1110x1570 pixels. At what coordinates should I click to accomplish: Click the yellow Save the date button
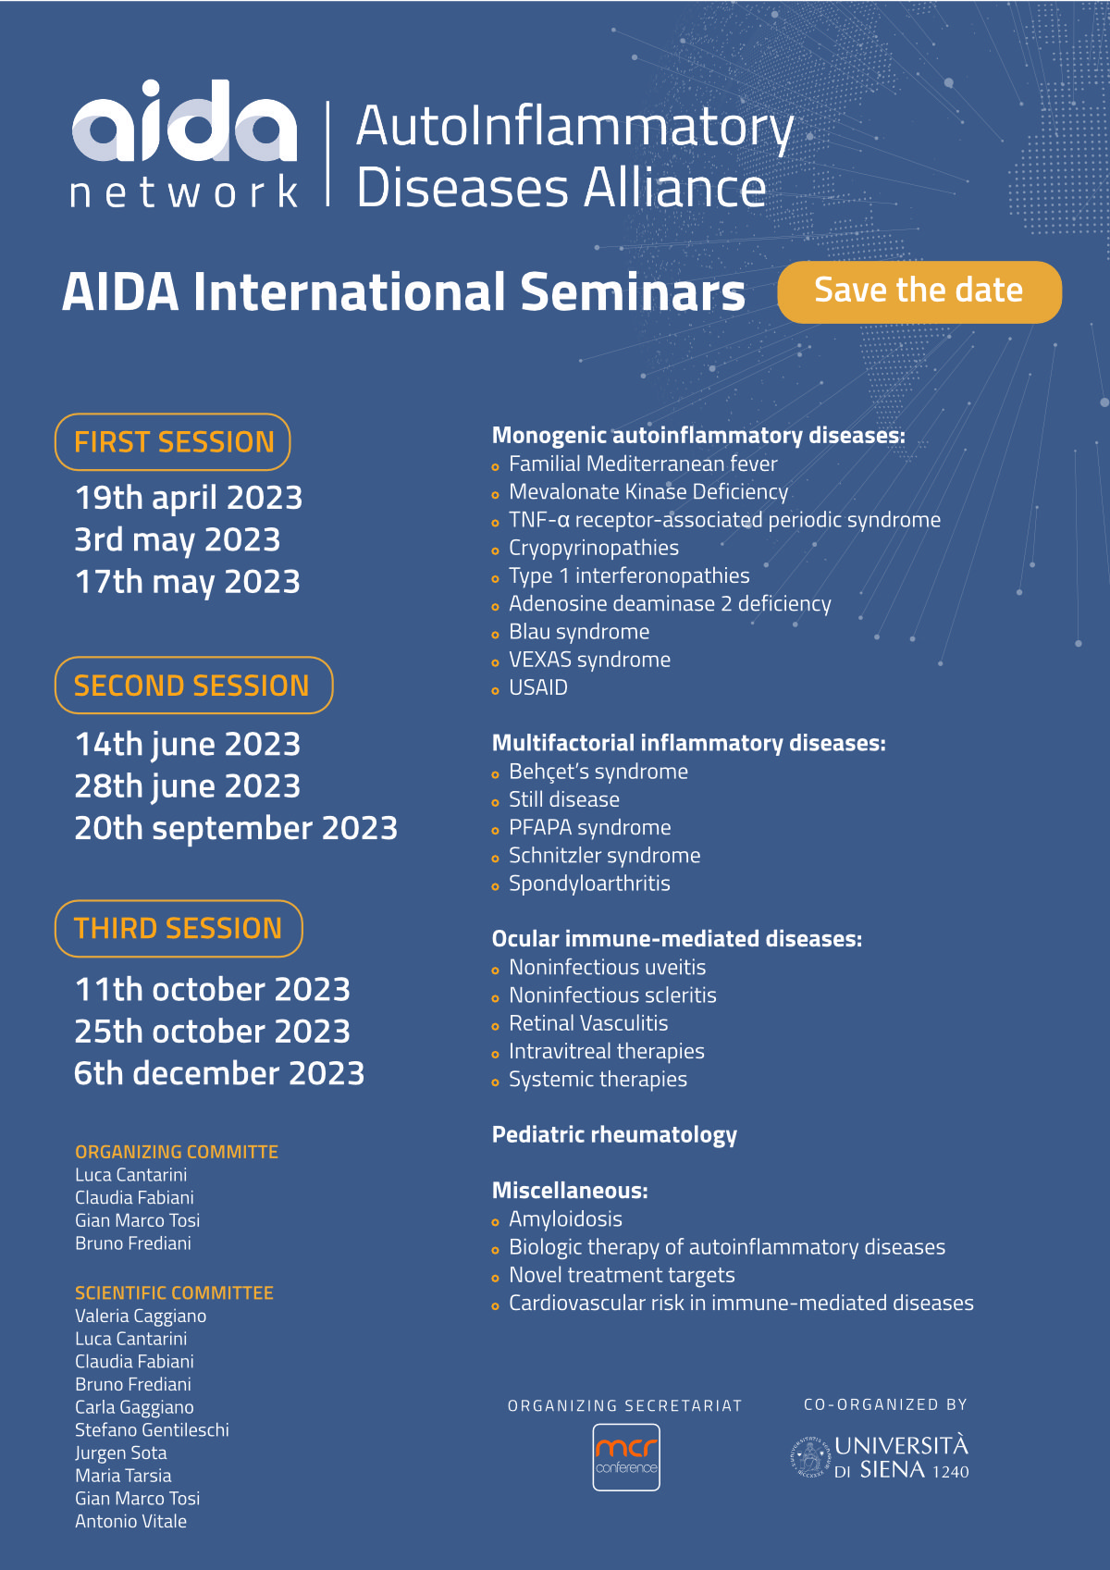tap(919, 291)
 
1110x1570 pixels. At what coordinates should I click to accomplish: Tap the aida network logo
tap(184, 143)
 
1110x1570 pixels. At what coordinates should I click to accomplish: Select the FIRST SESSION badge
tap(172, 442)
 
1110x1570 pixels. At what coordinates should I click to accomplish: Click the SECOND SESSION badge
tap(194, 686)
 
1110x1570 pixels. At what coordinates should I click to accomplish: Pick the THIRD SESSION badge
tap(179, 929)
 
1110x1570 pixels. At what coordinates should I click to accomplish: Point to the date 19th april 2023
tap(189, 499)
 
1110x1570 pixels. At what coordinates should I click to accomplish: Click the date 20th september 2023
tap(236, 828)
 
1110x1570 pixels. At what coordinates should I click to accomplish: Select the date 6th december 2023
tap(219, 1074)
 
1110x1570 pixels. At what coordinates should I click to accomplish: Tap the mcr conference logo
tap(626, 1457)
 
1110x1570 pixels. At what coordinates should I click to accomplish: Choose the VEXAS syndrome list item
tap(589, 661)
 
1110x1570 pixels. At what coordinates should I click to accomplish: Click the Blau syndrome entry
tap(579, 632)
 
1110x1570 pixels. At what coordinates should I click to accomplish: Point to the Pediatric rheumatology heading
tap(614, 1135)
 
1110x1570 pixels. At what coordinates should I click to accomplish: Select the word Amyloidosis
tap(565, 1219)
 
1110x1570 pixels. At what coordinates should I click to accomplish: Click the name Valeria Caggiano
tap(141, 1317)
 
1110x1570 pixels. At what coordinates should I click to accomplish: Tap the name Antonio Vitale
tap(131, 1521)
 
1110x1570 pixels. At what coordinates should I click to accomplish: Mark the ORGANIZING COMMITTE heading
tap(177, 1152)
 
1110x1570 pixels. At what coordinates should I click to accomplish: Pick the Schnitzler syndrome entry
tap(605, 856)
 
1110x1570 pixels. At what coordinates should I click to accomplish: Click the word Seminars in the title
tap(633, 291)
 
